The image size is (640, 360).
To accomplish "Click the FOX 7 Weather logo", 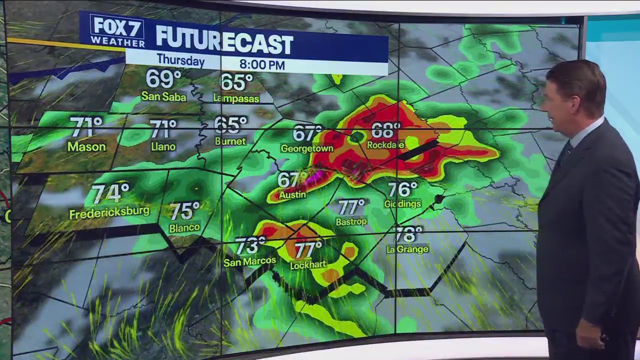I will pos(117,31).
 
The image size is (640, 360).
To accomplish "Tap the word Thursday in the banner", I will pos(180,60).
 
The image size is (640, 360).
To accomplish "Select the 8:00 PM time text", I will pos(261,64).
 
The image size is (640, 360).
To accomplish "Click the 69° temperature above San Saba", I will pos(163,79).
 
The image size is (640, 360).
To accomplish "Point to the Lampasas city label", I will pos(236,98).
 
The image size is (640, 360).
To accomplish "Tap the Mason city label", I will pos(86,147).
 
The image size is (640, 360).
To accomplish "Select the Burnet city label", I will pos(230,141).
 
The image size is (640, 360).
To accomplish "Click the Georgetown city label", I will pos(307,148).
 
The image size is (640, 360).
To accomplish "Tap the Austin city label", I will pos(292,195).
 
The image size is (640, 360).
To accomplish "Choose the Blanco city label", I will pos(184,227).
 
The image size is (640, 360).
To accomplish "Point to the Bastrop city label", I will pos(352,221).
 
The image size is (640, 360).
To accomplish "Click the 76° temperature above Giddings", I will pos(402,189).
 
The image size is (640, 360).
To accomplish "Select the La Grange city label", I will pos(407,249).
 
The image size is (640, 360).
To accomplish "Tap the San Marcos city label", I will pos(249,261).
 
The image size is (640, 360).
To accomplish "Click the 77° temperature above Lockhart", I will pos(308,248).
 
